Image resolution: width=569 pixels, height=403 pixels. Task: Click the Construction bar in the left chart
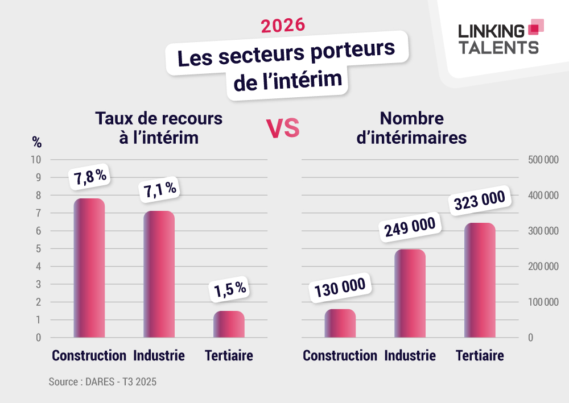(x=89, y=268)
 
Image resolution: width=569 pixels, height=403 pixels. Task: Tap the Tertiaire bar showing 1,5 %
(x=229, y=324)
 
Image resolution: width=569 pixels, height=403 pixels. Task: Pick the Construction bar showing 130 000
(x=340, y=323)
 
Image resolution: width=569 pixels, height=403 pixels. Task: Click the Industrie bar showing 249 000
(x=410, y=293)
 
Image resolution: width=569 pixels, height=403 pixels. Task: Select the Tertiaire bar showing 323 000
(x=480, y=280)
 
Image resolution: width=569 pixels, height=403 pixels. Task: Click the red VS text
(x=283, y=129)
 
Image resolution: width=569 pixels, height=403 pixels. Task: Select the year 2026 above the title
(x=283, y=25)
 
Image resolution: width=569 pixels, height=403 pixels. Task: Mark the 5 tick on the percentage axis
(x=38, y=249)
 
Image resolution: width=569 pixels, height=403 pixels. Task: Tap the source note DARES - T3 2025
(x=102, y=382)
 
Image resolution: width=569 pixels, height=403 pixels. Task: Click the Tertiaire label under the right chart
(x=480, y=356)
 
